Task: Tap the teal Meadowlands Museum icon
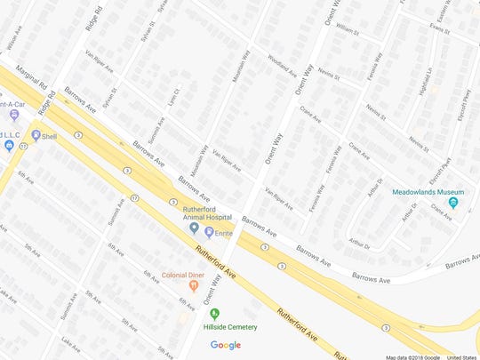pos(453,204)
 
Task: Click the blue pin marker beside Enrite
pos(209,231)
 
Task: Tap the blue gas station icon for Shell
pos(36,135)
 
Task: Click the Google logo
pos(226,345)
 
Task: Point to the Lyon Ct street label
pos(176,95)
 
